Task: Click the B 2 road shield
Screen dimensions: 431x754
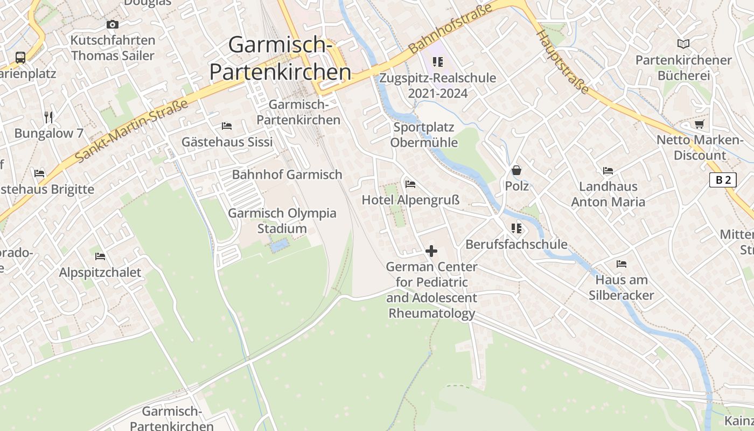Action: point(723,180)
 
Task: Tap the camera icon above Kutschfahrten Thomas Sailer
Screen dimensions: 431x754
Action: point(112,24)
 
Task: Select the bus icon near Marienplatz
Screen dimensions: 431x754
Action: point(20,57)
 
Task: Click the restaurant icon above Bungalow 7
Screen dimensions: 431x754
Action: point(49,117)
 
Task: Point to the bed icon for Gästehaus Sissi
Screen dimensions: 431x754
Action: point(227,126)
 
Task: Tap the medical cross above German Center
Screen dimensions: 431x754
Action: point(431,251)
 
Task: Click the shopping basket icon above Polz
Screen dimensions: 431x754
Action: point(516,170)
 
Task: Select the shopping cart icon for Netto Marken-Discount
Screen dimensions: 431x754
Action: point(699,124)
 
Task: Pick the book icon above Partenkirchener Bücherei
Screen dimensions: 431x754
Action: point(683,44)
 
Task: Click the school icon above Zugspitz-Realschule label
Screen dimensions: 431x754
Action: point(437,62)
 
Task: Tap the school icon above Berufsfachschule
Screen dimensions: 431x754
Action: point(516,228)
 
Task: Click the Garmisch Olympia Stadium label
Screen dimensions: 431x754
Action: point(282,221)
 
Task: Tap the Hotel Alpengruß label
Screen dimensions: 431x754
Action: point(410,200)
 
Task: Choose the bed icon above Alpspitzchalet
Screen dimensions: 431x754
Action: point(100,256)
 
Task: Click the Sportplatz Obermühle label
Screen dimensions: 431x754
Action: point(424,135)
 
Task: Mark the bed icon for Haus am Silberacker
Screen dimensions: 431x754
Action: point(621,264)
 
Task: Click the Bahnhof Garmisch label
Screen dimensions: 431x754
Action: point(287,175)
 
